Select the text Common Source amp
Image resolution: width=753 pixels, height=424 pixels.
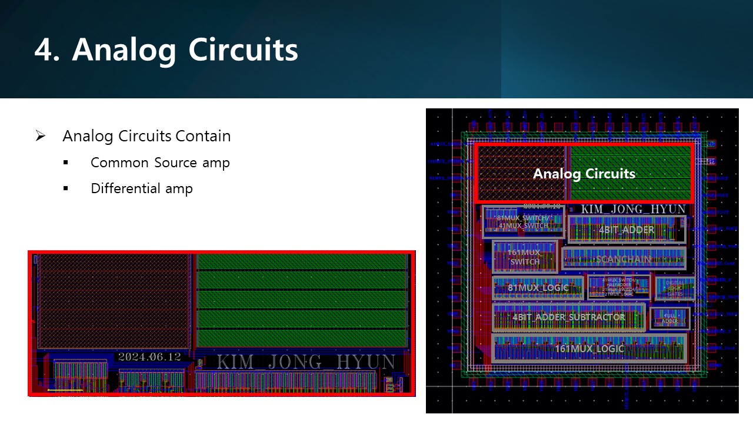click(160, 163)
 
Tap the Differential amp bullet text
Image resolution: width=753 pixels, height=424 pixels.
click(141, 188)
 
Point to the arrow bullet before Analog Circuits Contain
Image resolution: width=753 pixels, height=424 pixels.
click(40, 136)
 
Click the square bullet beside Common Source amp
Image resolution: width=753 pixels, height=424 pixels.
click(65, 163)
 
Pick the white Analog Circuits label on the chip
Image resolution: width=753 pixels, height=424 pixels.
click(584, 174)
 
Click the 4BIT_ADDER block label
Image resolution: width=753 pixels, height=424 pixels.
click(626, 230)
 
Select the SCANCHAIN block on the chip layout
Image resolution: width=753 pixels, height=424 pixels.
click(624, 259)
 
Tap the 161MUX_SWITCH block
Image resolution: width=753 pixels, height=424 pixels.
click(524, 257)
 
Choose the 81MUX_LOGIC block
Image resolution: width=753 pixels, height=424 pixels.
click(538, 288)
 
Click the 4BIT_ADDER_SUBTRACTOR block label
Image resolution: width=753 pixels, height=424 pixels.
click(568, 317)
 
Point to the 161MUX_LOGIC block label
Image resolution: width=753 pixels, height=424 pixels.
click(589, 349)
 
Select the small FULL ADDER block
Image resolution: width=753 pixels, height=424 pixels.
click(669, 319)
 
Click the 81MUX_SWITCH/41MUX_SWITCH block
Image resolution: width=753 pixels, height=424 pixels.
click(523, 221)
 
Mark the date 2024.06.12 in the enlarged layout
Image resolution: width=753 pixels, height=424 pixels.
click(149, 357)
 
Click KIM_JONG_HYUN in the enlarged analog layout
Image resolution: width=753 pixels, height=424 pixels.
click(305, 361)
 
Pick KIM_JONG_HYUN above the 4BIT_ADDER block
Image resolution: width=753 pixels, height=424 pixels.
click(633, 210)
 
